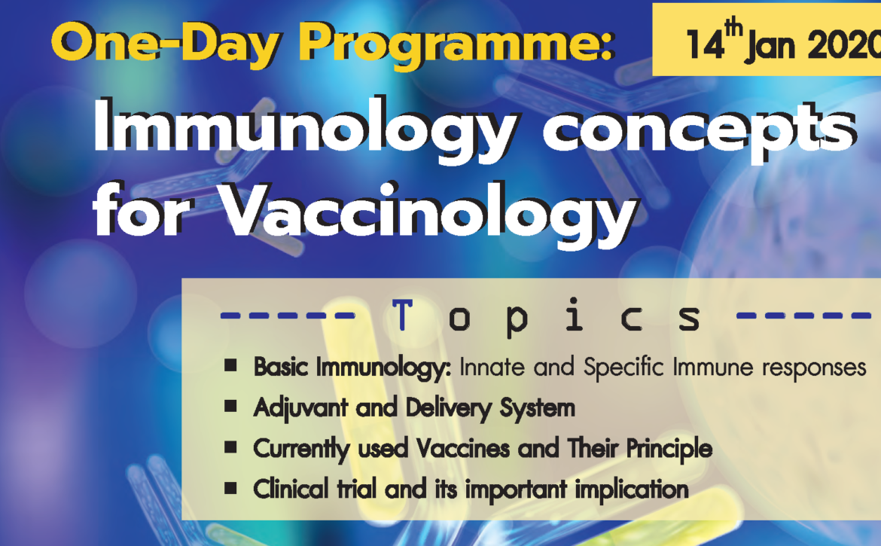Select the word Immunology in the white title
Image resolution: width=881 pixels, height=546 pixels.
click(x=303, y=130)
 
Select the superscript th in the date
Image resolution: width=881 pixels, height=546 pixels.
click(x=733, y=26)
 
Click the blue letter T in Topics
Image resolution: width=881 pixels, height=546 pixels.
click(x=402, y=315)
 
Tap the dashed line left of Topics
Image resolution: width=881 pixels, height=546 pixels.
click(x=287, y=316)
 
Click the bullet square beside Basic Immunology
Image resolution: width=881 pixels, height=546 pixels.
click(x=230, y=366)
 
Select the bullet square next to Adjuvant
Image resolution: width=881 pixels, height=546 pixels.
click(x=230, y=406)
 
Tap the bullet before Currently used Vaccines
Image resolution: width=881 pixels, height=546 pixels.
click(x=230, y=447)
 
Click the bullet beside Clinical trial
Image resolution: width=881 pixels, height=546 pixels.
click(x=230, y=487)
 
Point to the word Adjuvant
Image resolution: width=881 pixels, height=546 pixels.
click(x=301, y=408)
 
